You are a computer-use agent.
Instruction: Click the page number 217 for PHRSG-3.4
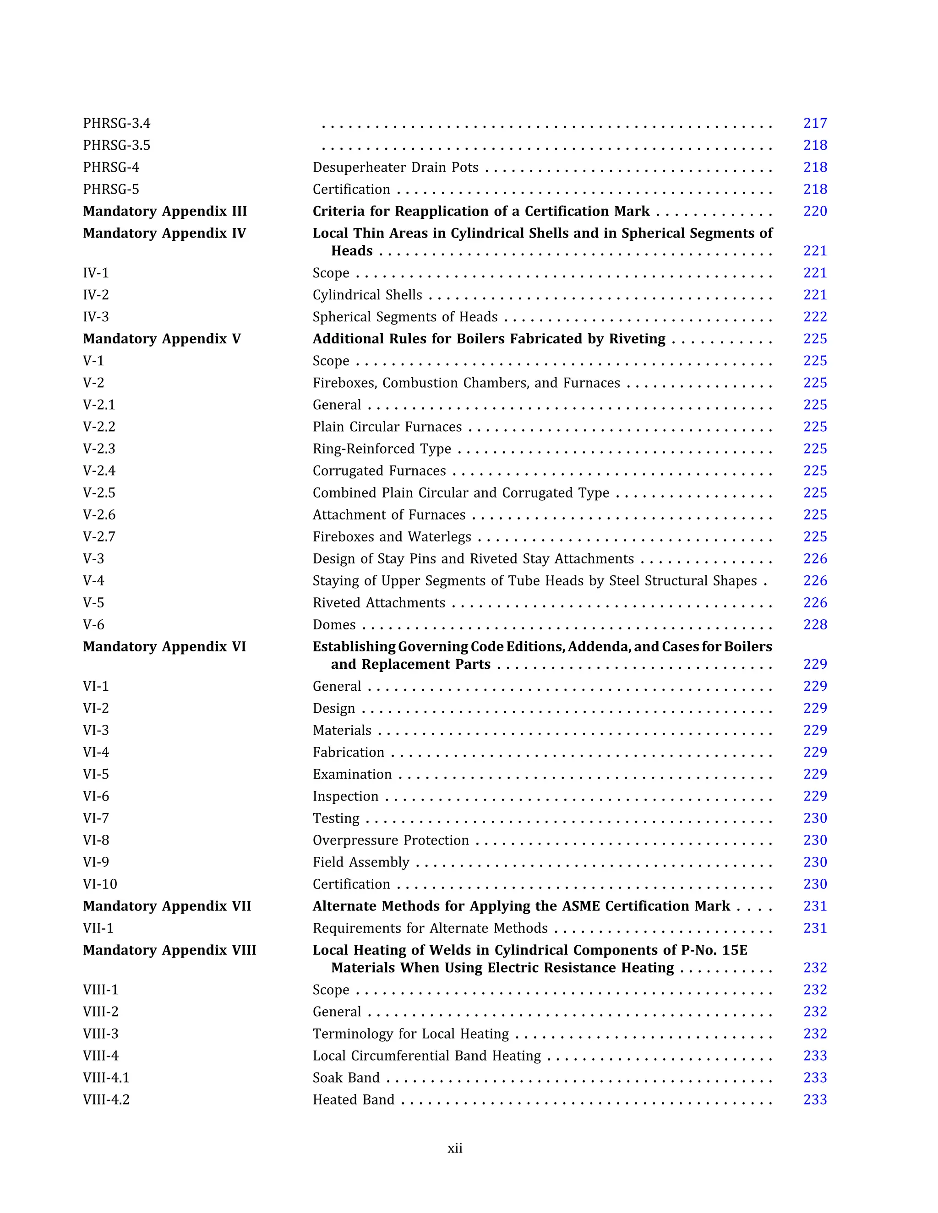815,123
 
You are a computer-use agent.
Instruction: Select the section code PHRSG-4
111,167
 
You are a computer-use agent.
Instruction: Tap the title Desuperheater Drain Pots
395,167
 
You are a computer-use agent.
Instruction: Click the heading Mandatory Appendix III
164,211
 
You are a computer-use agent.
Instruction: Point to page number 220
815,211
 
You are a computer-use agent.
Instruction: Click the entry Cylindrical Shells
367,295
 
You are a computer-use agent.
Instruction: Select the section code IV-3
96,317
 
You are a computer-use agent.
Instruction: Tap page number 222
815,317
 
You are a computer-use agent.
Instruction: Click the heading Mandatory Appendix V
162,339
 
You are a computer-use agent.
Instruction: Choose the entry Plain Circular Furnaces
387,427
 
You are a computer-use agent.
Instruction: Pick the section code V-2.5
99,493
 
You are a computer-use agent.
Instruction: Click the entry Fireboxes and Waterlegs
392,536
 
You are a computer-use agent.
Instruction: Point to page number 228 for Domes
815,625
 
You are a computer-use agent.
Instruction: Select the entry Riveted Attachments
379,603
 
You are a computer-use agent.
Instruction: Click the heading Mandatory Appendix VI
164,646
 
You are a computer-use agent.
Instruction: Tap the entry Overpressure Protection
391,840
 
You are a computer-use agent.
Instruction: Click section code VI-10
100,884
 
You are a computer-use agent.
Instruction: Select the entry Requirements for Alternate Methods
430,928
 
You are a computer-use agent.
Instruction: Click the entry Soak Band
346,1078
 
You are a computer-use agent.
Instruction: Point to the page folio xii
454,1148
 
